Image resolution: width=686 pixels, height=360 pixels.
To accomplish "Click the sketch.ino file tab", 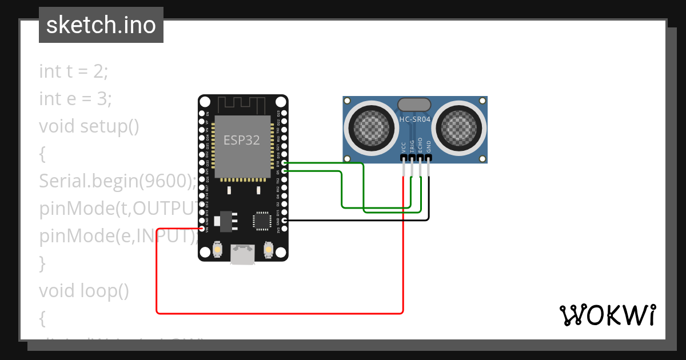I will coord(101,25).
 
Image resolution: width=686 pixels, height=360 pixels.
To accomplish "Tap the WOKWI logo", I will coord(607,315).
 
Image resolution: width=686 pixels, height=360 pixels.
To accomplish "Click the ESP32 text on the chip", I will coord(241,141).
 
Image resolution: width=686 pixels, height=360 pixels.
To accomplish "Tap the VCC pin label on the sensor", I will coord(404,147).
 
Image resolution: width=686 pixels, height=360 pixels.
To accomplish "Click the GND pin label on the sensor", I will coord(429,146).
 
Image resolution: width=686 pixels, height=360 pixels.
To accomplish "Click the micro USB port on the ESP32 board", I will coord(243,255).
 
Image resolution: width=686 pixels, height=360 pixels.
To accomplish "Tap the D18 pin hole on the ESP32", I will coord(285,163).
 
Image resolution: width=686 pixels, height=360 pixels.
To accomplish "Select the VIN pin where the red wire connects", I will coord(202,228).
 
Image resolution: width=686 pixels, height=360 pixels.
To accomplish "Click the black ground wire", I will coord(354,220).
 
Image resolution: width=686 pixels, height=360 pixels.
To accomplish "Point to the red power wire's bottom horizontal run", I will coord(280,313).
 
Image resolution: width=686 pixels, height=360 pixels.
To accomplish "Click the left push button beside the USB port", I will coord(217,250).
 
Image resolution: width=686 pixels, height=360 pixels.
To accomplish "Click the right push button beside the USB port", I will coord(269,250).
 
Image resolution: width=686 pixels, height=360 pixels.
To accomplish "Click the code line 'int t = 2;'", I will coord(73,71).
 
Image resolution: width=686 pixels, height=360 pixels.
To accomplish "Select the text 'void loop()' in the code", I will coord(84,291).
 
